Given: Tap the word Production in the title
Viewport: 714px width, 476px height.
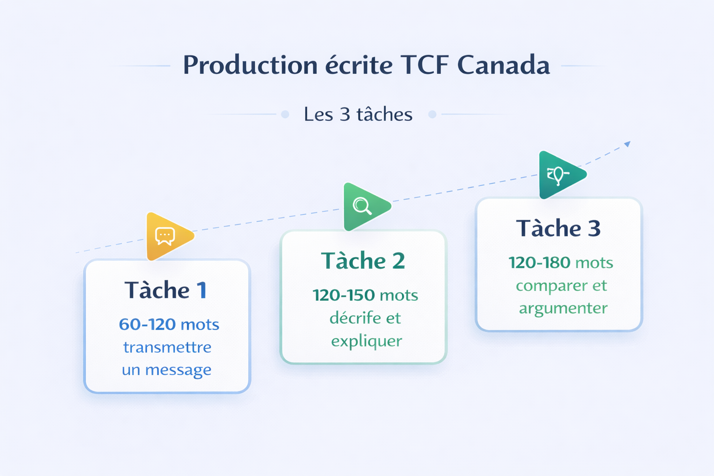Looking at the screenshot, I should click(250, 65).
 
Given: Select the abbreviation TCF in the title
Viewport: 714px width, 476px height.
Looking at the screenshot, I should click(424, 65).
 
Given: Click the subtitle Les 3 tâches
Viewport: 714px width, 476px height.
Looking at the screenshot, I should click(358, 114).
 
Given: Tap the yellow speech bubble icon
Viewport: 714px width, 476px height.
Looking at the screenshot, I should click(165, 236).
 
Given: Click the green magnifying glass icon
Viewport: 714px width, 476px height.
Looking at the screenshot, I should click(362, 206).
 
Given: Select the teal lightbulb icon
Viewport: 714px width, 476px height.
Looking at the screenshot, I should click(557, 175).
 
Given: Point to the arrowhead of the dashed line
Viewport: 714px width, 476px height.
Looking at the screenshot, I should click(628, 144).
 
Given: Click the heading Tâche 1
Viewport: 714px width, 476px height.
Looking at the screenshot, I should click(165, 291).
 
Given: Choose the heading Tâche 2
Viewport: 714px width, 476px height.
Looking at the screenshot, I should click(363, 261).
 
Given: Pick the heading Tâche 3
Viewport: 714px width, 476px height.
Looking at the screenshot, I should click(558, 228).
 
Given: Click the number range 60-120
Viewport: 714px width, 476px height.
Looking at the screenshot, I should click(147, 324).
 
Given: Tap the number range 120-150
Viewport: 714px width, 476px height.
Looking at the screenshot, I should click(344, 295).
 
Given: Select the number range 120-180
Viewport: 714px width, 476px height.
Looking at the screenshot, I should click(539, 263).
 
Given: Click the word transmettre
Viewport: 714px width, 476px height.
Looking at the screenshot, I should click(167, 347).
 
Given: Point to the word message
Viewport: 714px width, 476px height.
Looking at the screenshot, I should click(178, 370).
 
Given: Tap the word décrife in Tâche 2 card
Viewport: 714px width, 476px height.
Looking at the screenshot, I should click(355, 318).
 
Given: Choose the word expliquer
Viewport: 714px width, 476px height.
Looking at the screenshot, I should click(366, 341).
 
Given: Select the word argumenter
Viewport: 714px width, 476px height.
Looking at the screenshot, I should click(563, 308).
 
